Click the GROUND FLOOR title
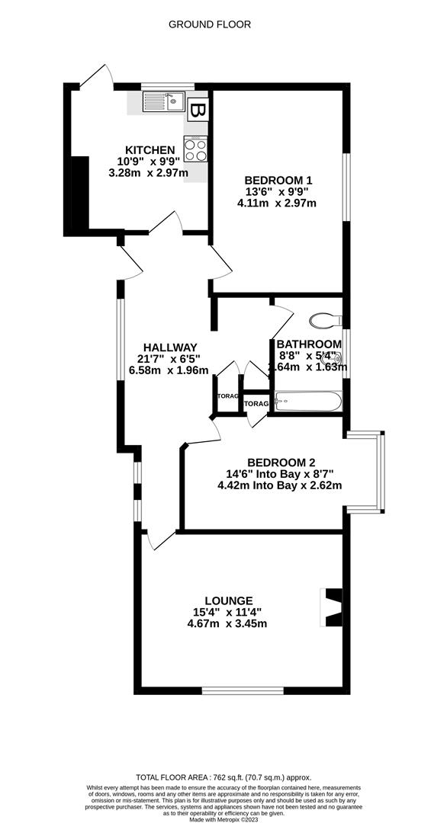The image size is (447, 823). pos(209,24)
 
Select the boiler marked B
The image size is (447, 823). pos(198,111)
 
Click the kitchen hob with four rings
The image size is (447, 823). pos(195,149)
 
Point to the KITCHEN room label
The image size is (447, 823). pos(150,150)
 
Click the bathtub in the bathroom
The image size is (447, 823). pos(308,401)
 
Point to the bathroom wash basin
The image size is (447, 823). pos(334,363)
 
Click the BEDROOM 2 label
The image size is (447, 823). pos(281,463)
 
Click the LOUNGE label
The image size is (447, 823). pos(227,600)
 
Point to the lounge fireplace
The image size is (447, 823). pos(331,606)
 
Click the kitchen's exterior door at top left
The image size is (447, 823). pos(97,77)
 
